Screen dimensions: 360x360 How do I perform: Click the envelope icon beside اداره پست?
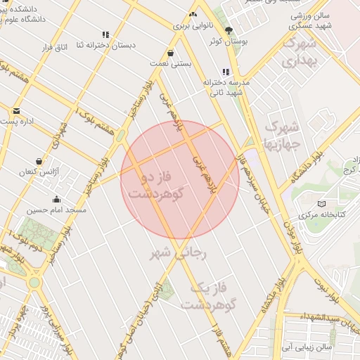pos(16,111)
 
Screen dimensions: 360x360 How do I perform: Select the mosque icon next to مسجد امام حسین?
pos(56,199)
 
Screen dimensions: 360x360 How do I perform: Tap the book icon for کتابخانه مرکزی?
pos(321,203)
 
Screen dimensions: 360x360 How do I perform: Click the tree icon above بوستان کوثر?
pos(228,30)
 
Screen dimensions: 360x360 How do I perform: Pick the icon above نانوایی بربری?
pos(193,14)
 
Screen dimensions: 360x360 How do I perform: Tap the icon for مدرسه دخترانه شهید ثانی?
pos(225,72)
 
